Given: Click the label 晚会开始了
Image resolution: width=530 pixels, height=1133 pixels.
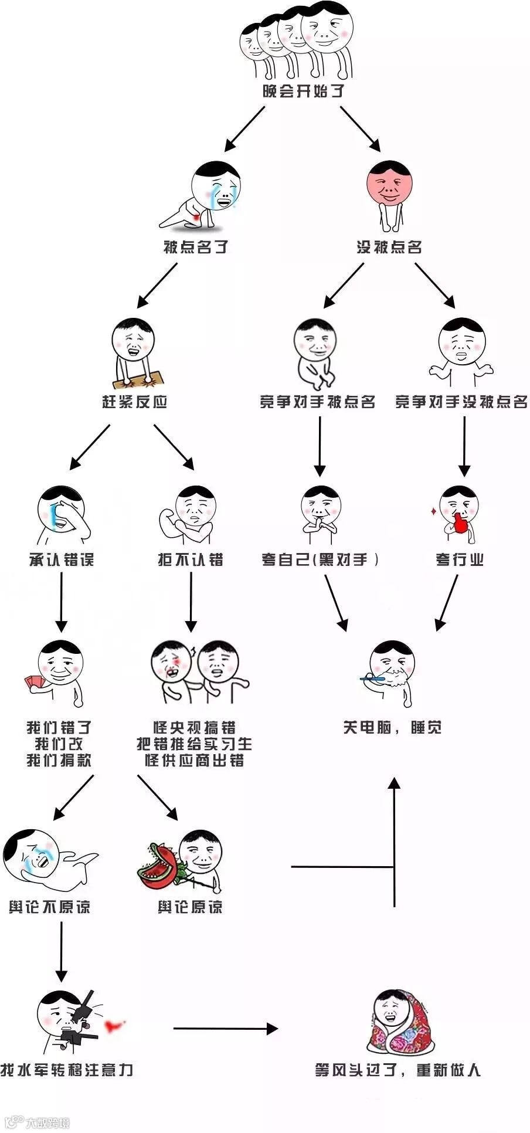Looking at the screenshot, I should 303,91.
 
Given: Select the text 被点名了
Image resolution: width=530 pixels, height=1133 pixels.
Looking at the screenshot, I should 195,247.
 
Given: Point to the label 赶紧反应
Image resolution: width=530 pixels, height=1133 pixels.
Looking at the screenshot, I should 135,402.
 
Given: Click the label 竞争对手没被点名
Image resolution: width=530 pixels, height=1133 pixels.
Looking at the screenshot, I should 461,402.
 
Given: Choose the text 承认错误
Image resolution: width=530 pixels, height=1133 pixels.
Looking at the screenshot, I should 62,559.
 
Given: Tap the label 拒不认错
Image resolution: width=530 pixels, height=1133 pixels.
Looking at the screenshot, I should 191,559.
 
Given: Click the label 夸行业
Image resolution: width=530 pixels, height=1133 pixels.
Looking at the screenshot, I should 460,559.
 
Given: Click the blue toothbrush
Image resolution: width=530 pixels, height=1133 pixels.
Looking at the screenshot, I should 373,679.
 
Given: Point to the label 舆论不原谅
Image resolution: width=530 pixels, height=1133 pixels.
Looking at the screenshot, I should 50,907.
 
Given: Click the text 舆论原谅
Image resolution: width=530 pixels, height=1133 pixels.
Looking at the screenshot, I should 190,907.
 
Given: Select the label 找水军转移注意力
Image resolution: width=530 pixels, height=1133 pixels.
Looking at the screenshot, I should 67,1070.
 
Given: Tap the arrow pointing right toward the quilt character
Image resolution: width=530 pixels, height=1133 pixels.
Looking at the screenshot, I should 225,1028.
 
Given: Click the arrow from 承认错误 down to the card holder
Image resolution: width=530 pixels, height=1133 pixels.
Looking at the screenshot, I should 62,602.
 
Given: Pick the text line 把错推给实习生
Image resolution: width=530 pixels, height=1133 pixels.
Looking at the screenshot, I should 194,744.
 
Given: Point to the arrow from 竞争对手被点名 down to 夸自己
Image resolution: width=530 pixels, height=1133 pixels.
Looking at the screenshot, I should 320,446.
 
